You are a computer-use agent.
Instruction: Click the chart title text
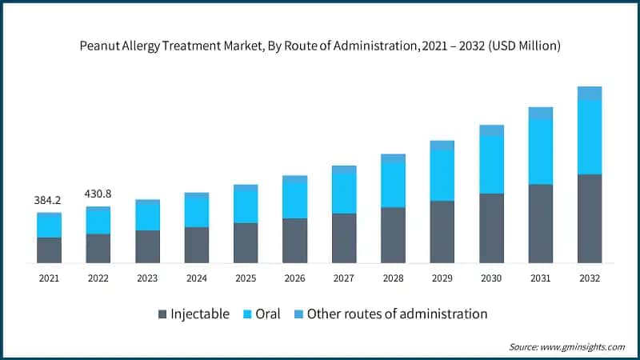point(320,46)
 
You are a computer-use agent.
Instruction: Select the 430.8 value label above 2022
point(98,193)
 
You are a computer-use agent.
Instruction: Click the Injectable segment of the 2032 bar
point(590,218)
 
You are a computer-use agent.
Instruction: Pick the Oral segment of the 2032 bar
point(590,137)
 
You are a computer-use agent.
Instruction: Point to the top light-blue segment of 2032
point(590,93)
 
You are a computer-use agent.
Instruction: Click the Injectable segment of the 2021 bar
point(49,250)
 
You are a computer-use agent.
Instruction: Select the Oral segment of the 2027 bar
point(344,193)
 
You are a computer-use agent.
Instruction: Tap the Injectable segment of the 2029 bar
point(442,232)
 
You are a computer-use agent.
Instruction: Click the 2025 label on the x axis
point(246,278)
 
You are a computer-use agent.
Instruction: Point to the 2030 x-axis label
point(491,278)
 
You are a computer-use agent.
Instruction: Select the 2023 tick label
point(147,278)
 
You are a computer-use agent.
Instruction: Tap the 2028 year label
point(393,278)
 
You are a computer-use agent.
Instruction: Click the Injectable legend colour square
point(163,314)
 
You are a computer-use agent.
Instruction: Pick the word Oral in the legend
point(267,314)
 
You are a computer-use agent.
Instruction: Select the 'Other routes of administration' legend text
point(397,314)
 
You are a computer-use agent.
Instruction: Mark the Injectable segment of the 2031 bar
point(541,224)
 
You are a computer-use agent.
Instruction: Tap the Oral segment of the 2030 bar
point(491,164)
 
